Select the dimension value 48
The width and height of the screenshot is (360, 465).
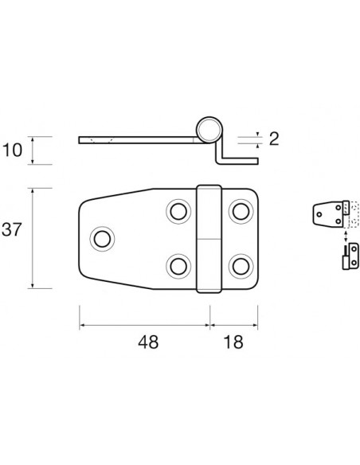point(147,342)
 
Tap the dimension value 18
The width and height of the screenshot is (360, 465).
point(233,342)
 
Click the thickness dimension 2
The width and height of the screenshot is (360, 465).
point(273,139)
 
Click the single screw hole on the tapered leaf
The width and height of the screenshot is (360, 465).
point(101,238)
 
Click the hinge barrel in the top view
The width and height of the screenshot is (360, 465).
point(209,238)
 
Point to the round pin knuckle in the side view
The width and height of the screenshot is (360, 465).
point(209,129)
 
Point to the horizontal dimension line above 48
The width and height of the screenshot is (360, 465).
point(143,325)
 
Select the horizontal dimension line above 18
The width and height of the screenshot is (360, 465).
point(233,325)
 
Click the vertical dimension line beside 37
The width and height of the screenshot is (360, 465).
point(32,238)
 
